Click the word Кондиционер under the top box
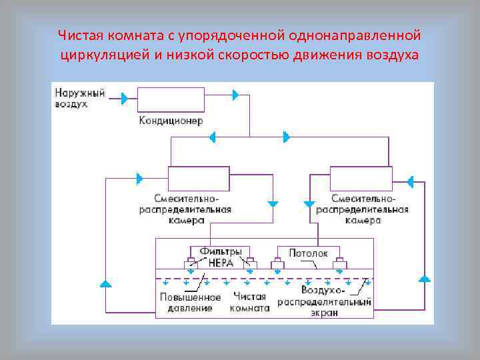click(171, 121)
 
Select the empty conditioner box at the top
click(171, 99)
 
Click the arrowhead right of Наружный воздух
click(125, 99)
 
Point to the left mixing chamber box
click(198, 179)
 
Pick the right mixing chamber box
click(361, 179)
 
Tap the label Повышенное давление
click(186, 303)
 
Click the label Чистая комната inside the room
click(251, 303)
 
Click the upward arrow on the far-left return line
click(105, 284)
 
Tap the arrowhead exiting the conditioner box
click(235, 95)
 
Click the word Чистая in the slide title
click(79, 35)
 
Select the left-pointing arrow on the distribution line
click(212, 137)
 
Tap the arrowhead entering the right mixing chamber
click(409, 181)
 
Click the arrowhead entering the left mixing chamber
click(139, 178)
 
